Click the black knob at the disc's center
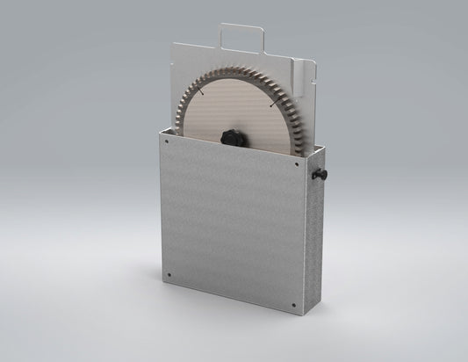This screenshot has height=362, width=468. (x=232, y=136)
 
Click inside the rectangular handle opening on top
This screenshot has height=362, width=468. (x=242, y=38)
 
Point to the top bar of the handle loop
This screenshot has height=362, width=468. (x=242, y=25)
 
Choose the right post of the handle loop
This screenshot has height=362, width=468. (x=265, y=40)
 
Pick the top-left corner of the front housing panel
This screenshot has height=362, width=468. (x=162, y=132)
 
